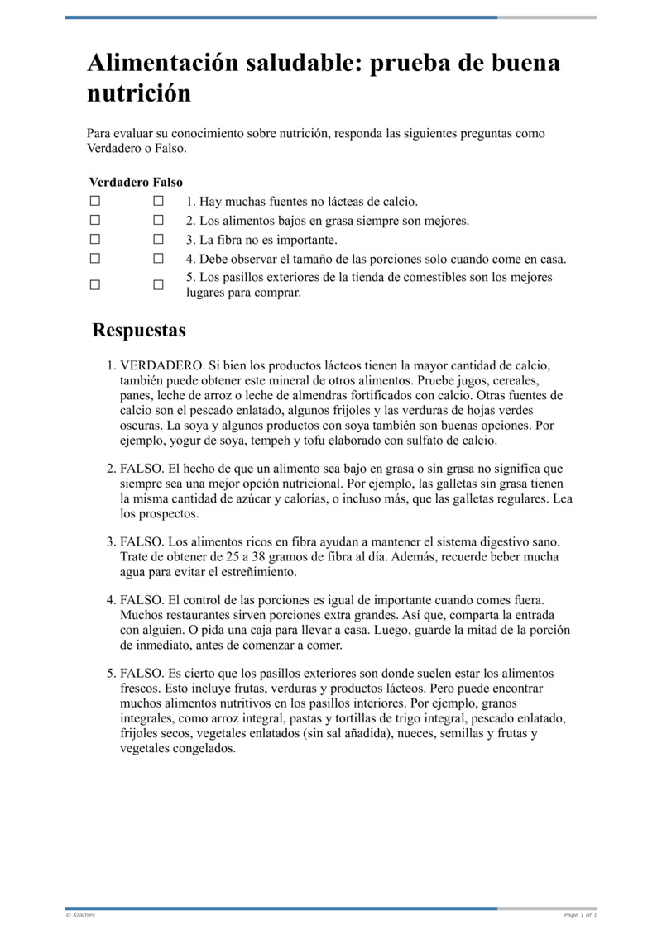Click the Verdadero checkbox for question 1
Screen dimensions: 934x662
[x=95, y=201]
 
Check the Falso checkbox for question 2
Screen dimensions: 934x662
[x=158, y=221]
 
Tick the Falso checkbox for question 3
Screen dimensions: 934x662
[x=158, y=240]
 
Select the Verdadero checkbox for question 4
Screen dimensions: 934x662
[x=95, y=259]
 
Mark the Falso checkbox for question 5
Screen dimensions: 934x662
[x=158, y=284]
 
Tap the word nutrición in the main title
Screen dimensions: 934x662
[x=139, y=93]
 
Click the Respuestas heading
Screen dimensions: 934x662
[x=139, y=331]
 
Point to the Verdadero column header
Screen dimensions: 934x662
[x=118, y=182]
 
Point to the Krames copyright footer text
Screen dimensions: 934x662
[x=80, y=915]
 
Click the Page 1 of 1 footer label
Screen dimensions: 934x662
[x=580, y=915]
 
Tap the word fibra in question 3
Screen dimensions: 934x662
[x=225, y=240]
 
